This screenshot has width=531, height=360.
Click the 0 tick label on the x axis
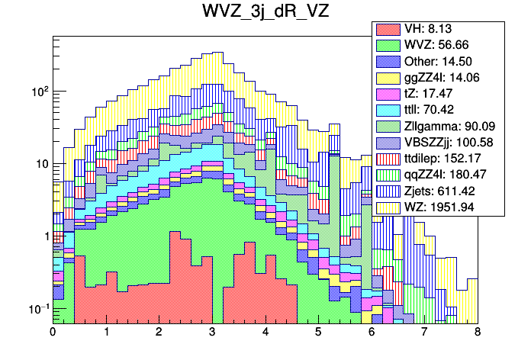pos(53,333)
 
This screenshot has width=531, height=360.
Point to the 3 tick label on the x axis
pos(212,333)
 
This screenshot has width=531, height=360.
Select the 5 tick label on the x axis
pos(318,333)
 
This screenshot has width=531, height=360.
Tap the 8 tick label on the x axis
pos(478,333)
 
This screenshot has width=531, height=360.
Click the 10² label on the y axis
pos(38,91)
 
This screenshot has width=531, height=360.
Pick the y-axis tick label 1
pos(45,236)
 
